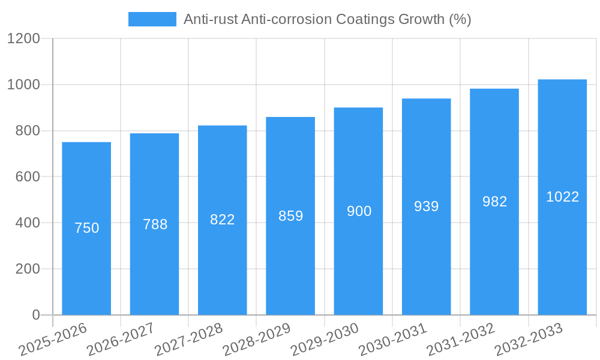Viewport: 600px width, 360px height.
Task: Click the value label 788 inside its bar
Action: (155, 224)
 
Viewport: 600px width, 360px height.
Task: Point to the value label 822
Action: (222, 220)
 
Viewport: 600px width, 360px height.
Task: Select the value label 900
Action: (359, 211)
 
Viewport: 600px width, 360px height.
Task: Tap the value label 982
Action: (494, 202)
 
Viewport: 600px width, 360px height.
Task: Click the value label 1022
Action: (562, 197)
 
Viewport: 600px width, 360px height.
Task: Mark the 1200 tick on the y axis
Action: (23, 39)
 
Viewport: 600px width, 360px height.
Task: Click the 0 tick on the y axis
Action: (35, 315)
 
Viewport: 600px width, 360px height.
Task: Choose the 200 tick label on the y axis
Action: (28, 269)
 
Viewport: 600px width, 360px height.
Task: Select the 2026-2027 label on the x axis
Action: (121, 339)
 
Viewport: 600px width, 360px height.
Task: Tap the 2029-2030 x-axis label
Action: (325, 339)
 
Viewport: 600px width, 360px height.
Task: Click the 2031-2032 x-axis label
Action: (461, 339)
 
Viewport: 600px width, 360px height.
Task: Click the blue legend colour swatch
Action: (152, 19)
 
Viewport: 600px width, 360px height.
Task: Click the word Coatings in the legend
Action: (366, 19)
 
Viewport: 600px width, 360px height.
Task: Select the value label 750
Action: (86, 228)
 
